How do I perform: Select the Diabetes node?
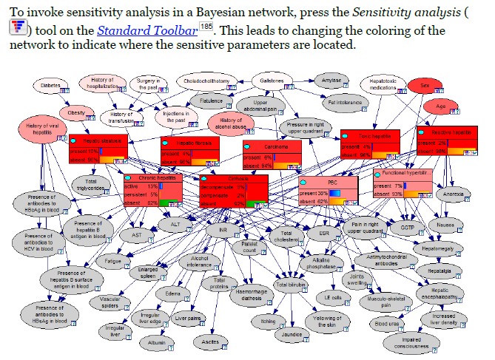click(50, 85)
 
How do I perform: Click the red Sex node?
click(424, 86)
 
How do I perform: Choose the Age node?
click(441, 106)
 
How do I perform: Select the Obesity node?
click(76, 114)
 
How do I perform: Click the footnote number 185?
click(206, 27)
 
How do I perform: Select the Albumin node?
click(156, 343)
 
